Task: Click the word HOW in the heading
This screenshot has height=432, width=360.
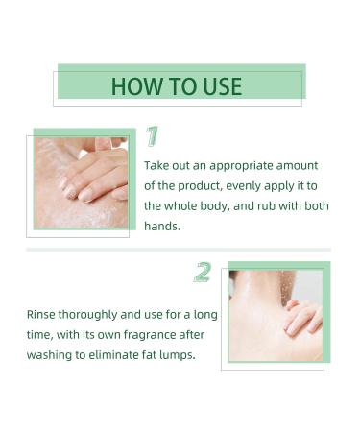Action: [131, 86]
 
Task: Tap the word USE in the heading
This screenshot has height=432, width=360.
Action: [221, 86]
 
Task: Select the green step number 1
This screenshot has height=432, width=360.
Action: [152, 136]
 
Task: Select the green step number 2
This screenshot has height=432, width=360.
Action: [202, 272]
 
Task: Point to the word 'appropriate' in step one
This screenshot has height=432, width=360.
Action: [247, 165]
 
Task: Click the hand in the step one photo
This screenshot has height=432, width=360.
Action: [96, 173]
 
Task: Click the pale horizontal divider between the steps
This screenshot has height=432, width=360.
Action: [179, 250]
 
